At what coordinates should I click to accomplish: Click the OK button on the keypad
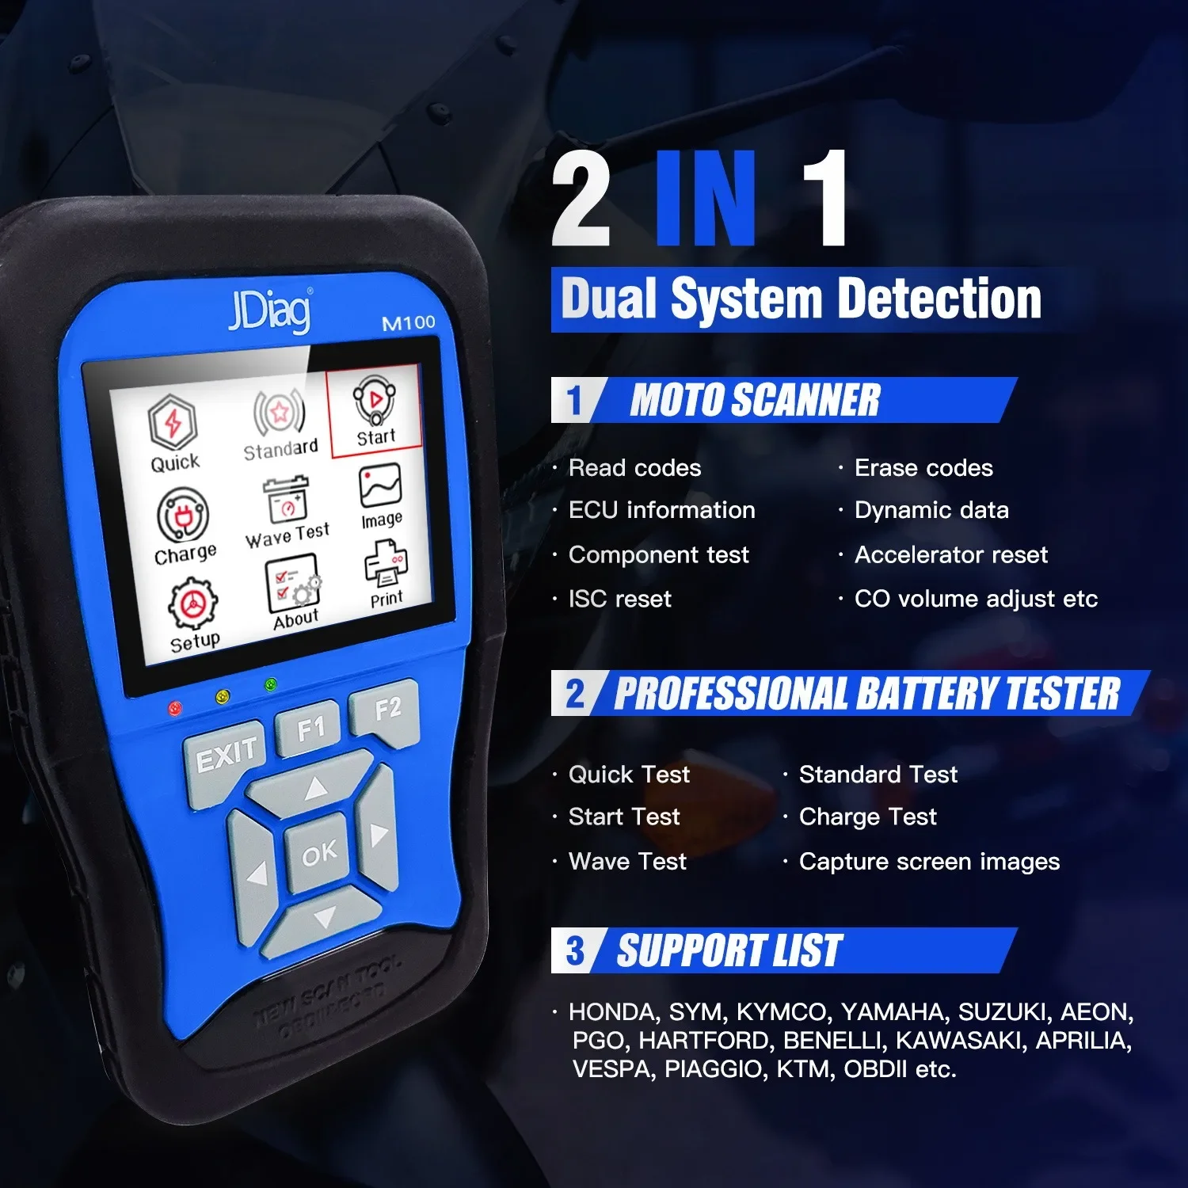(318, 853)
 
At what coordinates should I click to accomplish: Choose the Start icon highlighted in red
(375, 412)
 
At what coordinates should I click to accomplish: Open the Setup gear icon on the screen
(192, 615)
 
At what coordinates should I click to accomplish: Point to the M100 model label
(409, 322)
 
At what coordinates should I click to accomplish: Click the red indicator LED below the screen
(175, 707)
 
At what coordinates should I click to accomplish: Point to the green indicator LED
(270, 684)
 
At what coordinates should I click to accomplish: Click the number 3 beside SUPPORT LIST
(575, 950)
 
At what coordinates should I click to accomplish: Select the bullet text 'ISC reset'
(619, 599)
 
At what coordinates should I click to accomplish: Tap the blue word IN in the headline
(706, 198)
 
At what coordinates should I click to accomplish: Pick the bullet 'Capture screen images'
(929, 861)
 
